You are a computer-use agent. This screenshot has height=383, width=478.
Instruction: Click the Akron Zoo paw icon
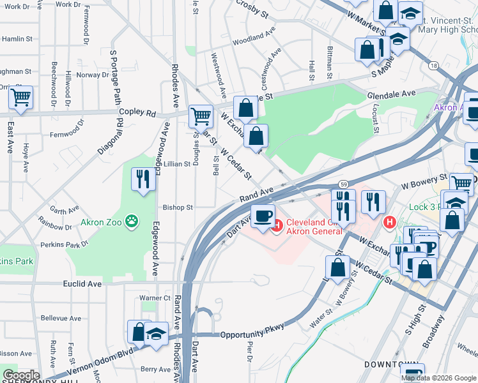[x=132, y=222]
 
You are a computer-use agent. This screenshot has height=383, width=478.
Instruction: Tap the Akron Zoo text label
[x=100, y=223]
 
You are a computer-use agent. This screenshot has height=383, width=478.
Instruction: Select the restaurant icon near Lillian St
[x=143, y=179]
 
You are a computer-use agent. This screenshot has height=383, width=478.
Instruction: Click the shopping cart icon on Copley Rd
[x=201, y=116]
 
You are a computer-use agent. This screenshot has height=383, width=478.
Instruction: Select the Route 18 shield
[x=434, y=66]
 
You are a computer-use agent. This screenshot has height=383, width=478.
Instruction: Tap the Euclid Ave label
[x=82, y=283]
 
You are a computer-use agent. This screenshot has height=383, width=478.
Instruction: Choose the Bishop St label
[x=178, y=207]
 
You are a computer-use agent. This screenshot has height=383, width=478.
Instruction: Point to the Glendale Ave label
[x=391, y=94]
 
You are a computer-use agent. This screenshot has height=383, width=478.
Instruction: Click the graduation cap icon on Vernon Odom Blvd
[x=156, y=334]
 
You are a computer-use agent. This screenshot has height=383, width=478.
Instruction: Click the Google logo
[x=20, y=375]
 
